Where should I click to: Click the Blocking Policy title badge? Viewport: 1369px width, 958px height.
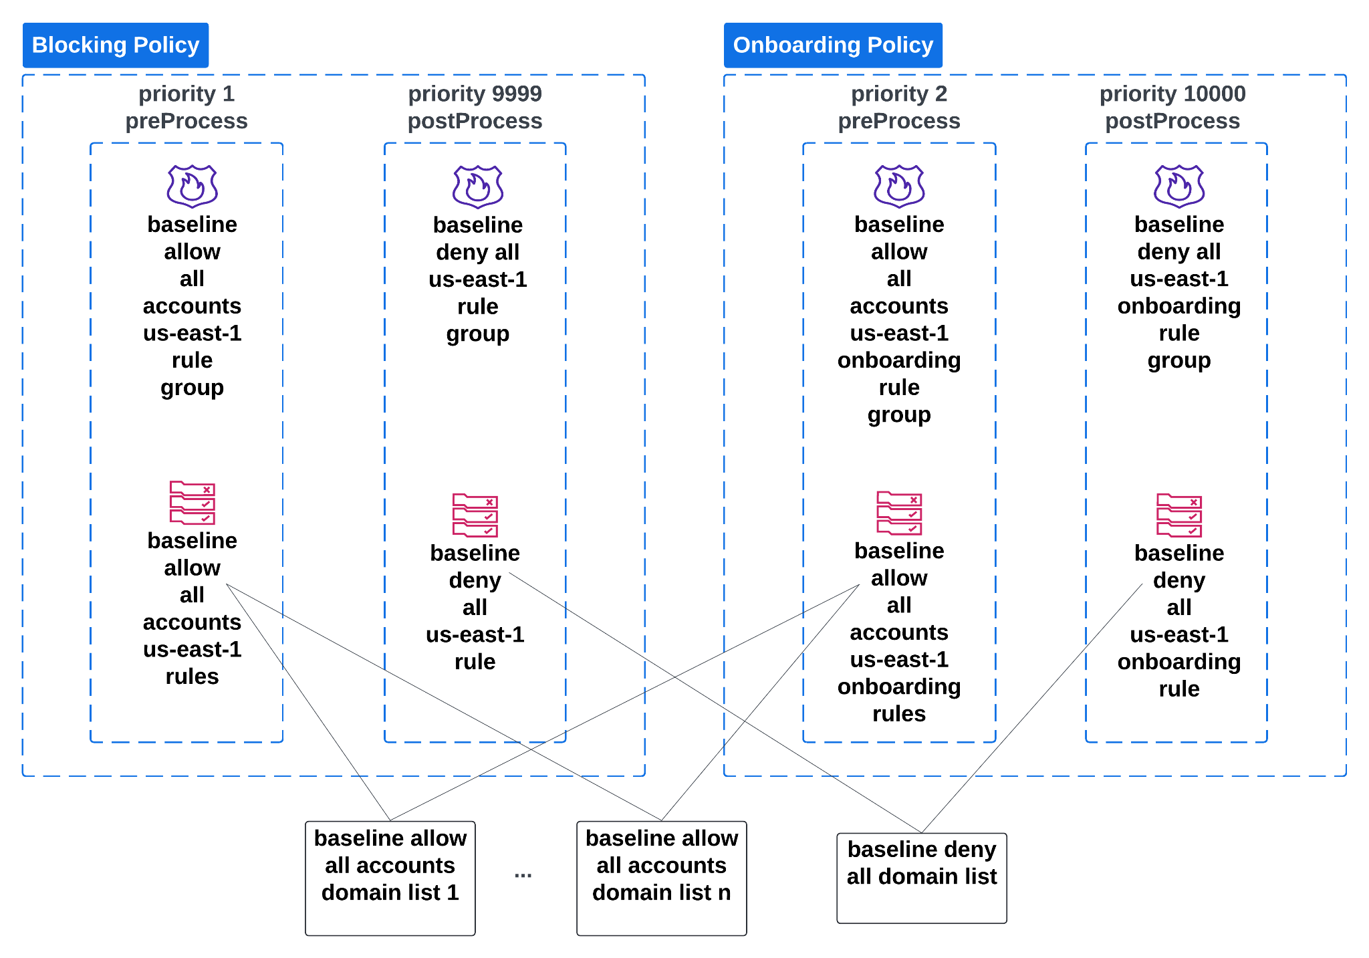coord(116,45)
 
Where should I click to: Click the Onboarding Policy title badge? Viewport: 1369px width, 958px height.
coord(833,45)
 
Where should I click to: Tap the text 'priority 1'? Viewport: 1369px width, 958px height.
coord(186,94)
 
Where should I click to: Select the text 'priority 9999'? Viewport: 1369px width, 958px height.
coord(475,94)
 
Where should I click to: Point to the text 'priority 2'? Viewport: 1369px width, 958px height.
coord(899,94)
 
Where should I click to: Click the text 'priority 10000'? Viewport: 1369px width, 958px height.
coord(1172,94)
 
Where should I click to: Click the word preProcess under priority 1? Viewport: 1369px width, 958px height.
coord(186,121)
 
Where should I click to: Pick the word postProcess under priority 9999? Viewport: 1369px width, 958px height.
coord(475,121)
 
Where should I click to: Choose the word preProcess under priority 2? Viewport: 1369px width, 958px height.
coord(899,121)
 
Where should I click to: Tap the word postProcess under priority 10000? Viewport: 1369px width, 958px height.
coord(1172,121)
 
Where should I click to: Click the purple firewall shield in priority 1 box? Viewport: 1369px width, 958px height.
coord(193,187)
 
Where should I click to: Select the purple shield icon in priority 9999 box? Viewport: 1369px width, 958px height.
coord(477,187)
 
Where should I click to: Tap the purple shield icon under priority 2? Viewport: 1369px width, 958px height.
coord(899,187)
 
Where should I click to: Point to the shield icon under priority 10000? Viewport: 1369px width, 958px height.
coord(1179,187)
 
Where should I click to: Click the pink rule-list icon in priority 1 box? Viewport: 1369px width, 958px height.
coord(193,503)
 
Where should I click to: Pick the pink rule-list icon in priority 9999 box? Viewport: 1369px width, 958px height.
coord(475,515)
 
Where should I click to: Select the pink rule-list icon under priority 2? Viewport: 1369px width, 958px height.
coord(899,513)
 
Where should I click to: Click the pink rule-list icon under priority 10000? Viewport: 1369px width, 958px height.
coord(1179,515)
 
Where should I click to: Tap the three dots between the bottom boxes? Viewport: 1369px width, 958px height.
coord(523,875)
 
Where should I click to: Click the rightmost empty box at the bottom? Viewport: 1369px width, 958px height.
coord(922,878)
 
